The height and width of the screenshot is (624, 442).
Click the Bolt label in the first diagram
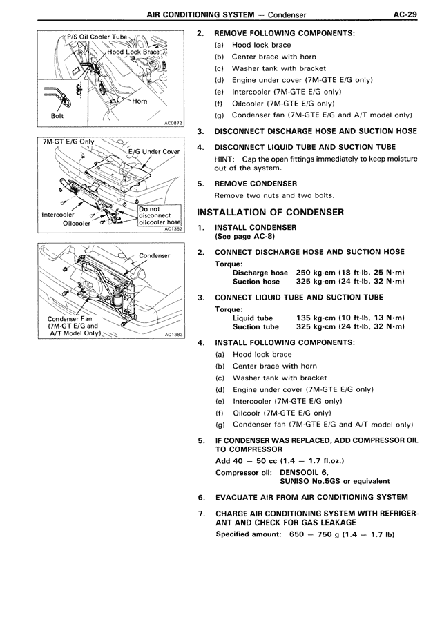click(x=57, y=116)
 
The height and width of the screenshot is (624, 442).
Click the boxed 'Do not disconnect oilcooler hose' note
click(x=159, y=215)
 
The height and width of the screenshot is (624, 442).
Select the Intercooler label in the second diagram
click(x=59, y=214)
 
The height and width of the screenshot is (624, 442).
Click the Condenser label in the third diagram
click(x=154, y=255)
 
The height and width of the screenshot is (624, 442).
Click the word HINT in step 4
click(x=227, y=159)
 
